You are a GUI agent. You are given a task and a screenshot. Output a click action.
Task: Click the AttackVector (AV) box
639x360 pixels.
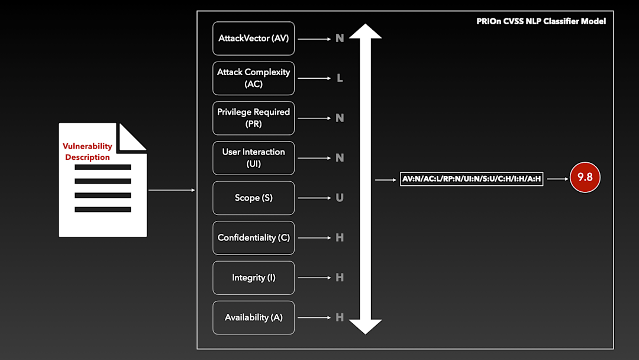[x=253, y=38]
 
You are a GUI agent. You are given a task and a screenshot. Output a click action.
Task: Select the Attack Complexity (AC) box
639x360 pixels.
[x=253, y=78]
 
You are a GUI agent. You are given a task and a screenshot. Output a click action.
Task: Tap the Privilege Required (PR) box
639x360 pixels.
[x=253, y=118]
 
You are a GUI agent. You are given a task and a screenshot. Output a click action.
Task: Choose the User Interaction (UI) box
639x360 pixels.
[x=253, y=158]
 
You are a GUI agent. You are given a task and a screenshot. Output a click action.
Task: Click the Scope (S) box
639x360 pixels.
[x=253, y=198]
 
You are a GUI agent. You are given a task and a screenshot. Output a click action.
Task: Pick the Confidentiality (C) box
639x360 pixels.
[x=253, y=237]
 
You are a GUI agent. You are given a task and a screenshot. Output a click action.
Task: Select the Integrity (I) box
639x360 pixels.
[x=253, y=278]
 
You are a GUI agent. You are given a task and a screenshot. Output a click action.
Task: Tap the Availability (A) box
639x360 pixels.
[x=253, y=317]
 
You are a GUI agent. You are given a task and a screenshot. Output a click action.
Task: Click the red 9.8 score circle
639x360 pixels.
[x=585, y=178]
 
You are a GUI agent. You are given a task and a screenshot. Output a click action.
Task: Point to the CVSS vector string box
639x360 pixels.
[x=472, y=178]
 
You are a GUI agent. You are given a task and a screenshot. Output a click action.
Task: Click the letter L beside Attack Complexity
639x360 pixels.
[x=340, y=78]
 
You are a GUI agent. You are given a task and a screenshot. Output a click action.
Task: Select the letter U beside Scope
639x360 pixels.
[x=340, y=198]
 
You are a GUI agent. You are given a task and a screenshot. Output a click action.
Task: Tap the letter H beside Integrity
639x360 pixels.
[x=340, y=278]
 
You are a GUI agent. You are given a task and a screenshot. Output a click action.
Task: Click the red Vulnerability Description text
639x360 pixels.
[x=88, y=152]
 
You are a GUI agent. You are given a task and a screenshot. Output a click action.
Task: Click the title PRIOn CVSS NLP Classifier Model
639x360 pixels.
[x=541, y=21]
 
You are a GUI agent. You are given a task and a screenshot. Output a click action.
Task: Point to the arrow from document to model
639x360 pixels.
[x=172, y=190]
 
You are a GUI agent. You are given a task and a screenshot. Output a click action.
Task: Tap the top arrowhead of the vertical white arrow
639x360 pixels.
[x=365, y=32]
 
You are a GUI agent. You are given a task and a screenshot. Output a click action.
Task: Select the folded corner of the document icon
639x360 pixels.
[x=131, y=136]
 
